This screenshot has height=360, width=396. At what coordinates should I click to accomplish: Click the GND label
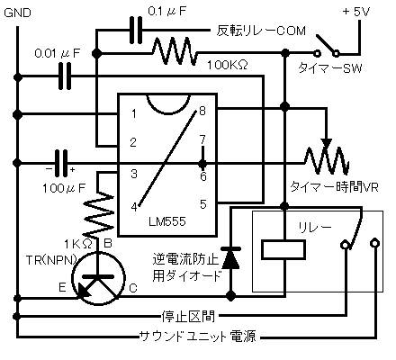tap(17, 13)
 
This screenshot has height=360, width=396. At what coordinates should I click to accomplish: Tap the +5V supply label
tap(356, 12)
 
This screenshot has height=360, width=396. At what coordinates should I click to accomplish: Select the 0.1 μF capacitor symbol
tap(136, 30)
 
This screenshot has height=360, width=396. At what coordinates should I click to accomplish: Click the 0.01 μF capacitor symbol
tap(65, 76)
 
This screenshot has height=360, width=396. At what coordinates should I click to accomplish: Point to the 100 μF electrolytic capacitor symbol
tap(61, 163)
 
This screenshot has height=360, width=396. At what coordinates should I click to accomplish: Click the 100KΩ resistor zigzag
tap(175, 51)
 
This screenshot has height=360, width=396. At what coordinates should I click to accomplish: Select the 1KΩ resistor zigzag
tap(98, 214)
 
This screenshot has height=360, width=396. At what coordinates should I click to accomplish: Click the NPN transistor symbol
tap(98, 279)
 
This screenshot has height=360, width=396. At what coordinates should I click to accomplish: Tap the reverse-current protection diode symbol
tap(230, 258)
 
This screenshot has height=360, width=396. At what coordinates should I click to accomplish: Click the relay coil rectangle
tap(283, 249)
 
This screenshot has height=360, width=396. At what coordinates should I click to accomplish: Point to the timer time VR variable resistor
tap(327, 159)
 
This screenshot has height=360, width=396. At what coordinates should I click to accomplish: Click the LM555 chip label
tap(167, 221)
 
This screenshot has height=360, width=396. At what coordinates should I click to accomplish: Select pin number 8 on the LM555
tap(202, 111)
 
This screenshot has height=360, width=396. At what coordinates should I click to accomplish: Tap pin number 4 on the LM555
tap(134, 206)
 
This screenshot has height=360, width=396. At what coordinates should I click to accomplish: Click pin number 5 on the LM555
tap(203, 204)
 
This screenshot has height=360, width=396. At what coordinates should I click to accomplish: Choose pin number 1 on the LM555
tap(134, 113)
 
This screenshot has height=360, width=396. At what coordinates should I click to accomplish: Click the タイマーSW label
tap(329, 68)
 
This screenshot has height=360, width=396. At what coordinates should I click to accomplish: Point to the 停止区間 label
tap(188, 316)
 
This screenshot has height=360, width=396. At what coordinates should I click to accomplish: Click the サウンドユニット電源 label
tap(198, 337)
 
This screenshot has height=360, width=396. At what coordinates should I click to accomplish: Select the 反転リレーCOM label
tap(261, 31)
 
